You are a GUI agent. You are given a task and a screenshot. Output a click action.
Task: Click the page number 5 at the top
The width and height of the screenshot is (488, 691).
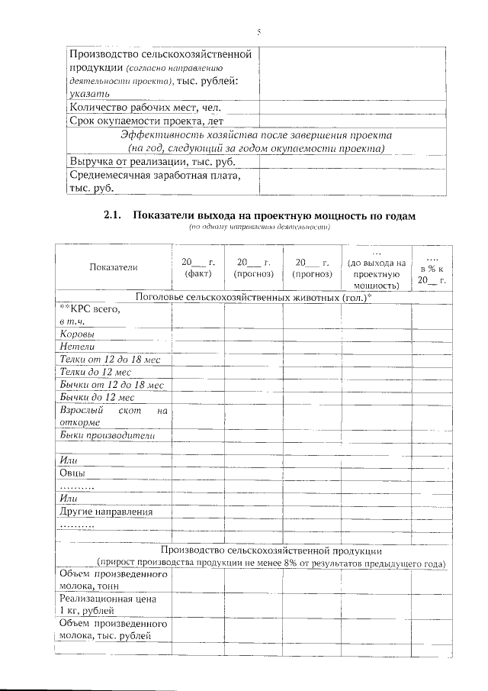coord(258,32)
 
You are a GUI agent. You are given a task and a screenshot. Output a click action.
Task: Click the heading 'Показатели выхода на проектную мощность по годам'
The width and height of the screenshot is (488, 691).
coord(274,216)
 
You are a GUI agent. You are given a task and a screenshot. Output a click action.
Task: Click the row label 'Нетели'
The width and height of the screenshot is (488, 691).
coord(77,347)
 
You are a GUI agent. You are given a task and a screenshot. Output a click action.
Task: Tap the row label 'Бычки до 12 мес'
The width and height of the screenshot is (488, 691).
coord(97,398)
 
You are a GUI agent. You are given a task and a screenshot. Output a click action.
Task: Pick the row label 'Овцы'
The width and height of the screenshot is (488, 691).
coord(72,473)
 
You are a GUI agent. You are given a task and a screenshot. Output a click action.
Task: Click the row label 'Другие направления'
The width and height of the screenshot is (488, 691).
coord(106,512)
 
